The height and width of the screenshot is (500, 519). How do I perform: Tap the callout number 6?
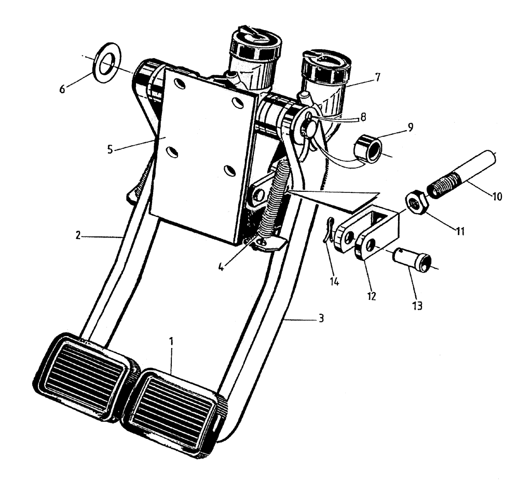click(x=62, y=89)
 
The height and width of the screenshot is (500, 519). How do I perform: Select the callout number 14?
click(x=334, y=282)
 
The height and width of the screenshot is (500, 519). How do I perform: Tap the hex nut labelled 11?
click(x=416, y=202)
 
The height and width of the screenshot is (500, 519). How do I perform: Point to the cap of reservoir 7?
click(x=326, y=65)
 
